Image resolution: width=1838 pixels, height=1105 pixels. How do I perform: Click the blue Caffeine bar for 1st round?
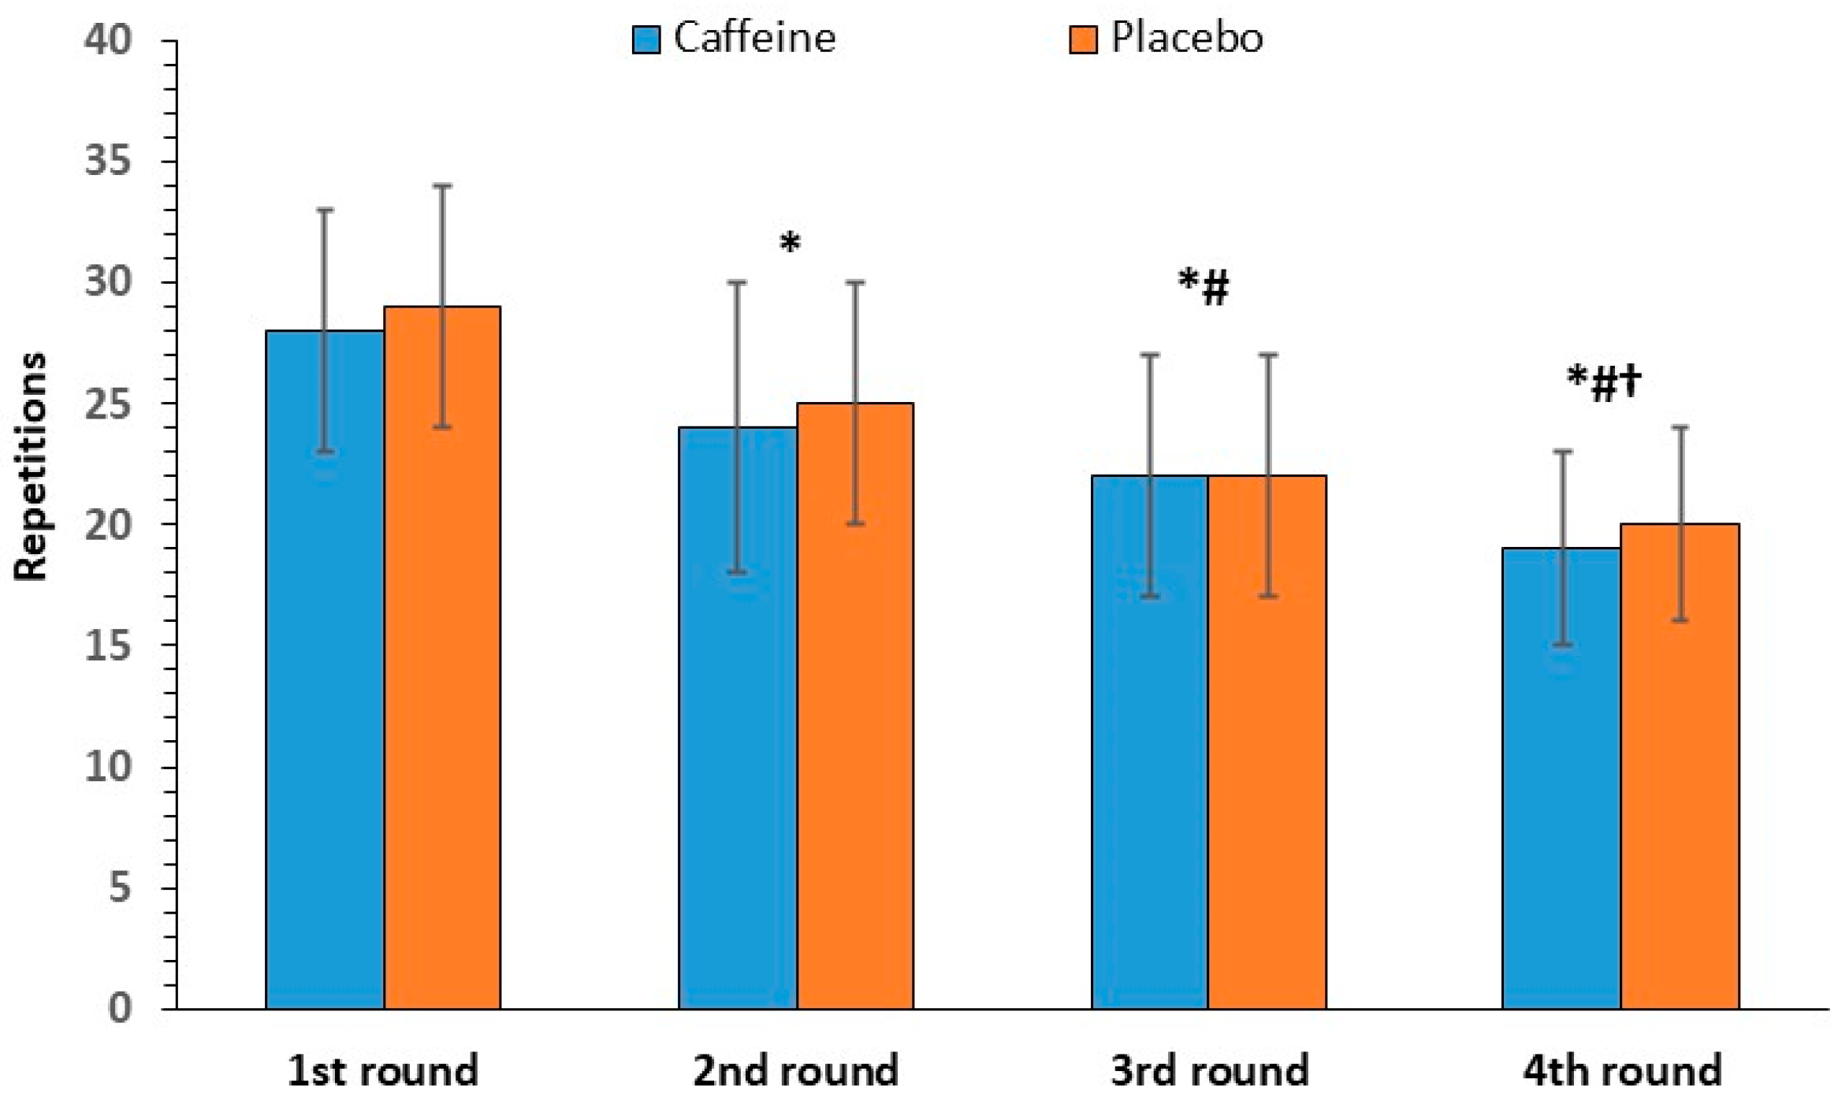pos(325,670)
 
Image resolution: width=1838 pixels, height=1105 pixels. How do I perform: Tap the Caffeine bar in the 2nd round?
pos(737,717)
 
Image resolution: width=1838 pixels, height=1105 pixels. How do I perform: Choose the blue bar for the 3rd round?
pos(1150,741)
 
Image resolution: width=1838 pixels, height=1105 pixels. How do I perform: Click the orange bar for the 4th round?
pos(1680,765)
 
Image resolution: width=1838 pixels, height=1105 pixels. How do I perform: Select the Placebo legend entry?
pos(1166,38)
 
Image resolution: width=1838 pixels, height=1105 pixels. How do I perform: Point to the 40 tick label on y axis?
pos(108,39)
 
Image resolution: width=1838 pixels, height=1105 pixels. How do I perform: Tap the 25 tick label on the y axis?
pos(108,404)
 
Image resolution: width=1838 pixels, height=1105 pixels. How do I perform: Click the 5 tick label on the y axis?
pos(119,887)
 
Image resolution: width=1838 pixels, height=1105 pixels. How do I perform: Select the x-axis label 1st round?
pos(383,1071)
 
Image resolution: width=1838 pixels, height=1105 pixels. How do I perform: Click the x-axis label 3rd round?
pos(1209,1071)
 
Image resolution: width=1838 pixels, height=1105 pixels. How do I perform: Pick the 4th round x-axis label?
pos(1622,1071)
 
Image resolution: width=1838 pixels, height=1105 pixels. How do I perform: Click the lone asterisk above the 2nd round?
pos(790,244)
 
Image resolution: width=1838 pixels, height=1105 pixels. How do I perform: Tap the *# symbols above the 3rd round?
pos(1204,287)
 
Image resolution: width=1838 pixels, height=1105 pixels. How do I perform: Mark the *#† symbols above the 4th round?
pos(1604,383)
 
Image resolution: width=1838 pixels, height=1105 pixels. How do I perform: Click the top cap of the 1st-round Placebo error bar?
pos(442,186)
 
